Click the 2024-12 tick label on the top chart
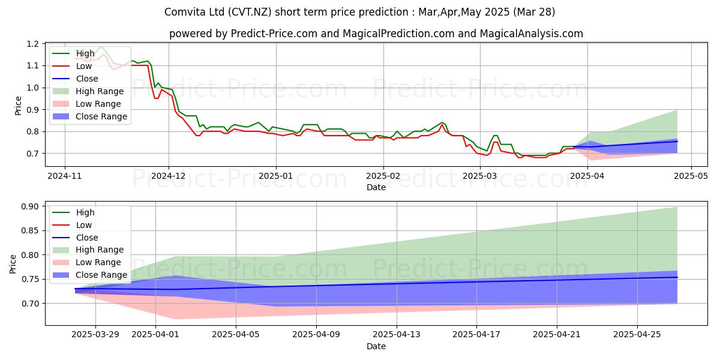pos(169,176)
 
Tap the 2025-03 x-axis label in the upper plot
pos(479,176)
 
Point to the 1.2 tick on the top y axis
pos(32,44)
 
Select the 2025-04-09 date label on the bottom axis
pos(316,335)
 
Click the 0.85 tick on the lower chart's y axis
pos(30,231)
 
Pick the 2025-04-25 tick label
pos(637,335)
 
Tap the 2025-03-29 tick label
pos(95,335)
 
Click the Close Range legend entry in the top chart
pos(90,116)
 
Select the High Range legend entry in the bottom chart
pos(88,250)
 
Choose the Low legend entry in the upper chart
pos(72,66)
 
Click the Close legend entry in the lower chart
pos(75,238)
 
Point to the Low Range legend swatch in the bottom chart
pos(61,263)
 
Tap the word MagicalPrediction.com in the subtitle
pos(398,34)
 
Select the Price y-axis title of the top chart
pos(19,106)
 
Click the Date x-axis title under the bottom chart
pos(376,346)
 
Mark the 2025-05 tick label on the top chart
pos(691,176)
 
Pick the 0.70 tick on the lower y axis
pos(30,304)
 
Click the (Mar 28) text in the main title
pos(534,12)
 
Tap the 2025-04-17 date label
pos(476,335)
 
